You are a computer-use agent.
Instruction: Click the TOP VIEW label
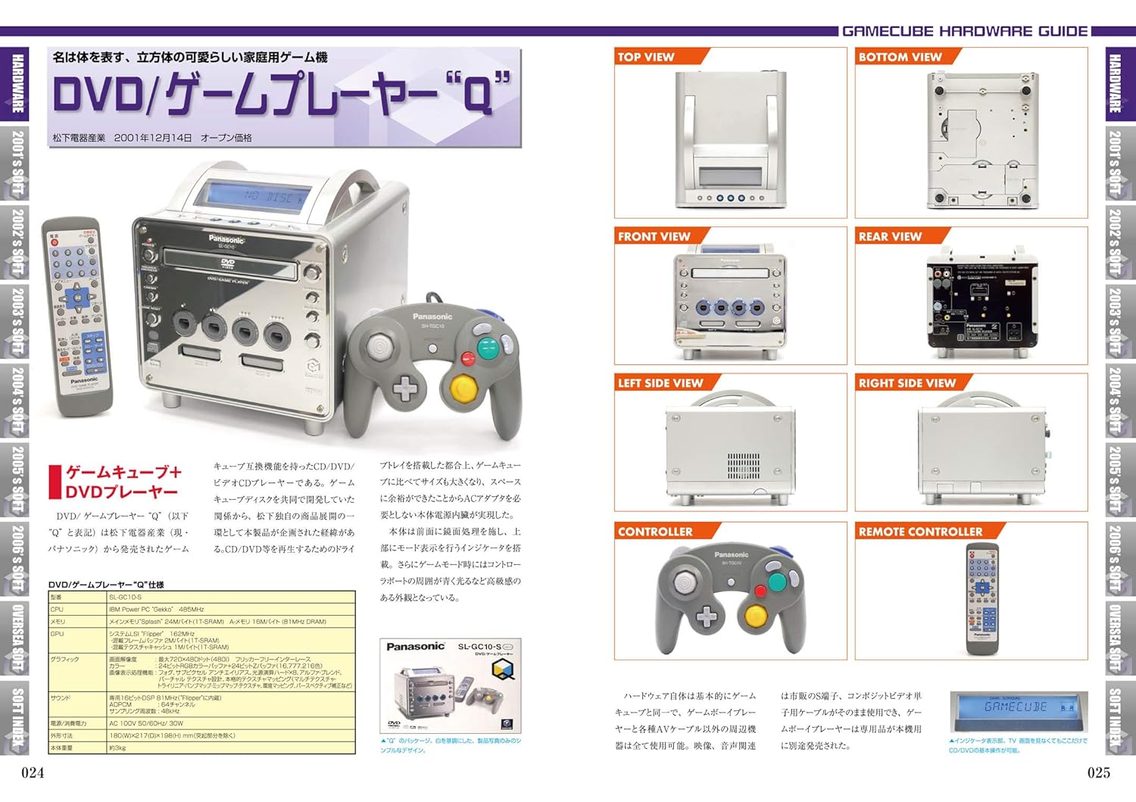[x=645, y=57]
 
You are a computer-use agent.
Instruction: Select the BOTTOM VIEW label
[x=900, y=57]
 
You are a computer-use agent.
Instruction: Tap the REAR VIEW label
[x=890, y=236]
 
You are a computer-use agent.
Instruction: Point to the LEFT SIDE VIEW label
[x=660, y=383]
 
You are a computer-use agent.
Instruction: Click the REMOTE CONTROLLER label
[x=920, y=532]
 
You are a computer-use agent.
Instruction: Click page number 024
[x=33, y=772]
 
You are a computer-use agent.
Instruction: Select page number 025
[x=1099, y=772]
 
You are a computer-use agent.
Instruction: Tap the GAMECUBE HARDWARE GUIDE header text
[x=965, y=31]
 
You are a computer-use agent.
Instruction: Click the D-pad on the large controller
[x=404, y=389]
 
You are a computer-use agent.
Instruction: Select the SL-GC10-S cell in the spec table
[x=126, y=598]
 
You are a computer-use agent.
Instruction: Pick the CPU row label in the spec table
[x=58, y=610]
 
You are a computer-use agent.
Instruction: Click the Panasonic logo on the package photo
[x=415, y=647]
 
